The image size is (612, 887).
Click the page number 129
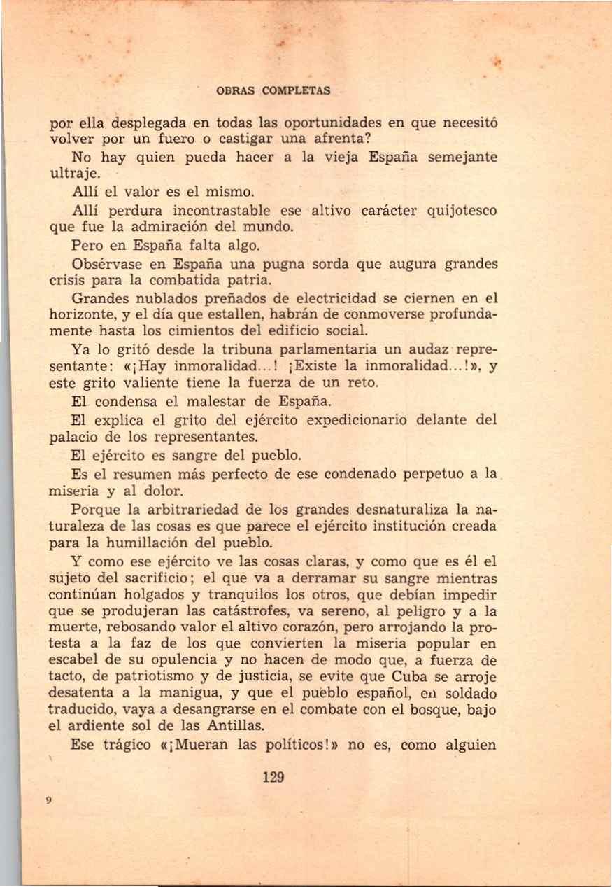[x=273, y=776]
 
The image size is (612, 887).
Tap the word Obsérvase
[x=107, y=265]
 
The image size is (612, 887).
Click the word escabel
[x=71, y=660]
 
